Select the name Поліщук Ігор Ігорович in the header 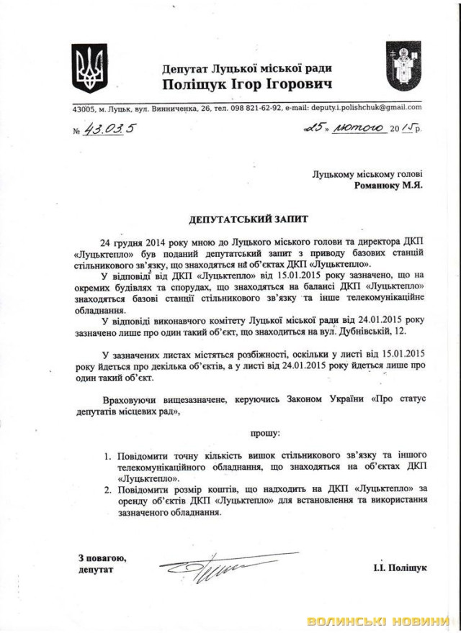[x=247, y=85]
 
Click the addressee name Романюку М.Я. [x=389, y=185]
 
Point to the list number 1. [x=106, y=457]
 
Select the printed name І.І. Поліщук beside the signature [x=400, y=568]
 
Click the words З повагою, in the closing [x=102, y=557]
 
